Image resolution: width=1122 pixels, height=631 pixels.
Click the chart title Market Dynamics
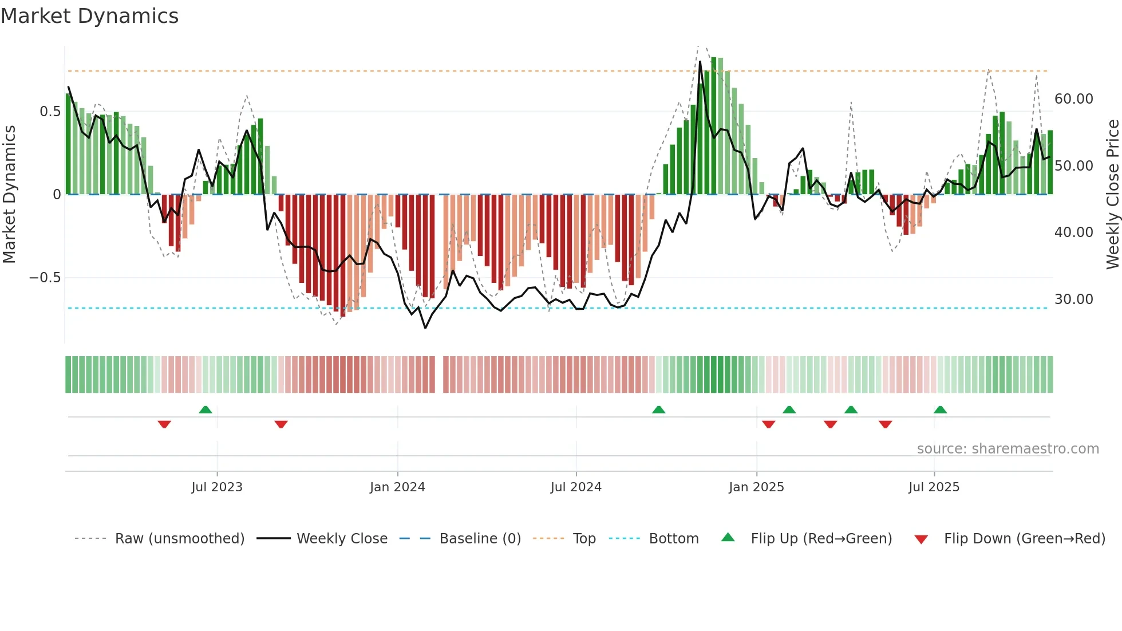tap(90, 16)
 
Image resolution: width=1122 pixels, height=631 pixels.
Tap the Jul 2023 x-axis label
tap(217, 487)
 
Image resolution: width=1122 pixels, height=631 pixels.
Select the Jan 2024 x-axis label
tap(397, 487)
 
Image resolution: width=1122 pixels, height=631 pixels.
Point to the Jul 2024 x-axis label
tap(576, 487)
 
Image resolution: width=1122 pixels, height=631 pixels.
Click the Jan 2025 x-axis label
tap(756, 487)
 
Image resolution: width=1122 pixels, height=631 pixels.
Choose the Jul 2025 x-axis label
tap(934, 487)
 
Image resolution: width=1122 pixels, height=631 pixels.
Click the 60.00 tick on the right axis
tap(1073, 99)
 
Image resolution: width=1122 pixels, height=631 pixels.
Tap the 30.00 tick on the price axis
tap(1073, 299)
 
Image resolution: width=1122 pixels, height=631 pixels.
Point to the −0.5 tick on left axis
tap(45, 278)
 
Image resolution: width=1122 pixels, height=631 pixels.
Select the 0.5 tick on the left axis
tap(50, 112)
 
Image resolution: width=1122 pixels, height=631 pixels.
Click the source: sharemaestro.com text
tap(1008, 449)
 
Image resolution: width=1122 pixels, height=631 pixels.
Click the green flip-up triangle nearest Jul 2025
tap(940, 409)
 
